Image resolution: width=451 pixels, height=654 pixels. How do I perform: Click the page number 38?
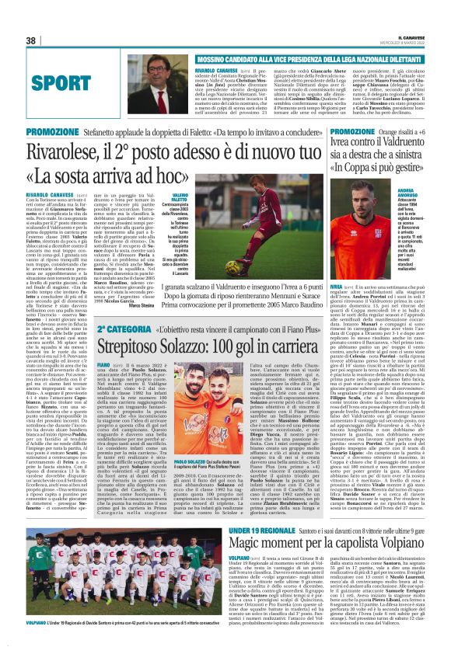[30, 40]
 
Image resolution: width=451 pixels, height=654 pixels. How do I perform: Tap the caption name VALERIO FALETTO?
[180, 200]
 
